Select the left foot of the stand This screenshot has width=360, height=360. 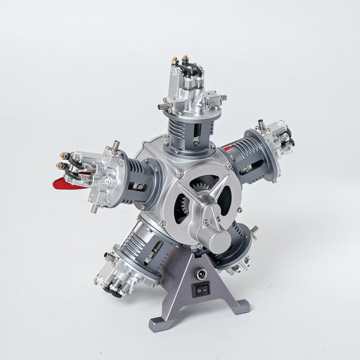157,324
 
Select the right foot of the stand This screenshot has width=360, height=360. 241,306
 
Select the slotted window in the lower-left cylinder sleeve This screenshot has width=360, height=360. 150,257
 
